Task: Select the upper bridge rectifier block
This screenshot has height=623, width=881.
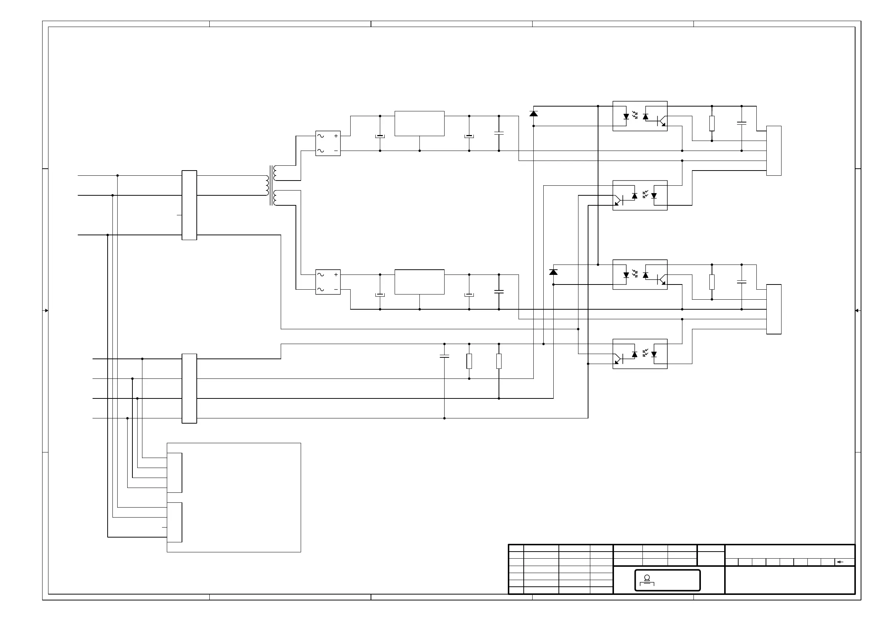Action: [328, 143]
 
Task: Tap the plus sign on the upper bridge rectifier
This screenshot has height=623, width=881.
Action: [336, 136]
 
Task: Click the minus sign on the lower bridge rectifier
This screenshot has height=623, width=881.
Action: [336, 289]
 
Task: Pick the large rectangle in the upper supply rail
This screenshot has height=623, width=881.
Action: [419, 123]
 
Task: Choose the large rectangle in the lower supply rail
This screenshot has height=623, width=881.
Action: [419, 282]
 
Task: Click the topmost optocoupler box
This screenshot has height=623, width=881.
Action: [639, 116]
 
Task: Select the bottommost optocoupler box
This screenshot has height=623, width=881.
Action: [639, 354]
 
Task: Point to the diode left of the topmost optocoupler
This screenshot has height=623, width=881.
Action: [533, 114]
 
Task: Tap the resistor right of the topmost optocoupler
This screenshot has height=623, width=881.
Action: [712, 123]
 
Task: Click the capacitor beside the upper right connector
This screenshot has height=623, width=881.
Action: [741, 123]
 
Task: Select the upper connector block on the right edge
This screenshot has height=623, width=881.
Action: [774, 151]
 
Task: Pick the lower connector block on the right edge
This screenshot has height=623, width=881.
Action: [774, 309]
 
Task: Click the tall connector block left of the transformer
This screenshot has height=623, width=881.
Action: [189, 205]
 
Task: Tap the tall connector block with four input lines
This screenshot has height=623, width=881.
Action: [189, 388]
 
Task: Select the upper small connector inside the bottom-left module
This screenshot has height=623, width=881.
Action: [174, 472]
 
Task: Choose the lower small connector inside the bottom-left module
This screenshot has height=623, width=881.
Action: [174, 522]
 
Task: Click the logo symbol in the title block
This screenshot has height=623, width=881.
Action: [647, 580]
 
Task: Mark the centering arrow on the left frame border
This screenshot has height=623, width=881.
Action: [45, 310]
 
